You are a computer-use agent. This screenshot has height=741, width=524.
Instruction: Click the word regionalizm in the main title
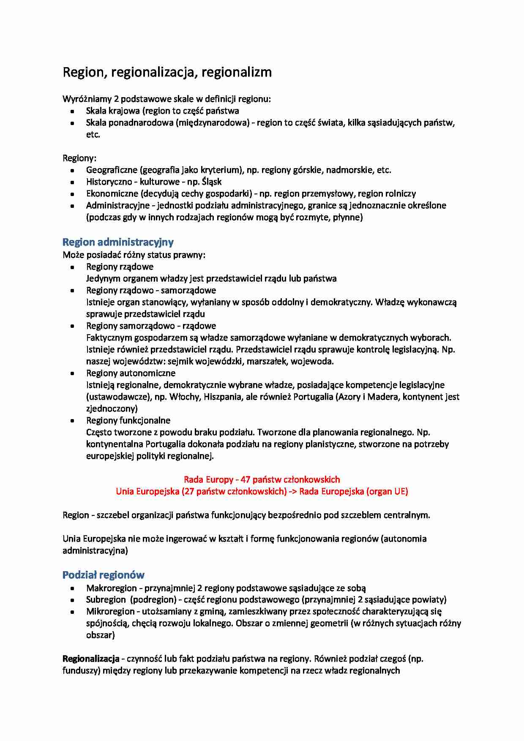coord(237,72)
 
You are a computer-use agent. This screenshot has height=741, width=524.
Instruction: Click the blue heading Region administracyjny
coord(118,242)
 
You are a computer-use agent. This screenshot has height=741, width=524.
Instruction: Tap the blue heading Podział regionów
coord(104,575)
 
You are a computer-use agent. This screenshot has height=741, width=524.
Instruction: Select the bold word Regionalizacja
coord(91,659)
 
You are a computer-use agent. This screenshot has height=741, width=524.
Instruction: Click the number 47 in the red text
coord(245,479)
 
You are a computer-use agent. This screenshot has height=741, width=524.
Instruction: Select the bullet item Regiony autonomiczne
coord(131,373)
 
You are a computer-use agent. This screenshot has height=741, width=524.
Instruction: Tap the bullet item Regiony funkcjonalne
coord(128,420)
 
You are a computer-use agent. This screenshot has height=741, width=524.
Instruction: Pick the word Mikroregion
coord(110,611)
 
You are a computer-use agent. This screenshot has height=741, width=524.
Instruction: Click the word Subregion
coord(106,599)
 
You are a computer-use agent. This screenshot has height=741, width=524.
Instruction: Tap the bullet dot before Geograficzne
coord(73,170)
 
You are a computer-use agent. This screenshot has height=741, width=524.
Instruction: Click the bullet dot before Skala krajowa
coord(73,111)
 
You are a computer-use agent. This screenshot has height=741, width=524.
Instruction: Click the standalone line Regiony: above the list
coord(79,158)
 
